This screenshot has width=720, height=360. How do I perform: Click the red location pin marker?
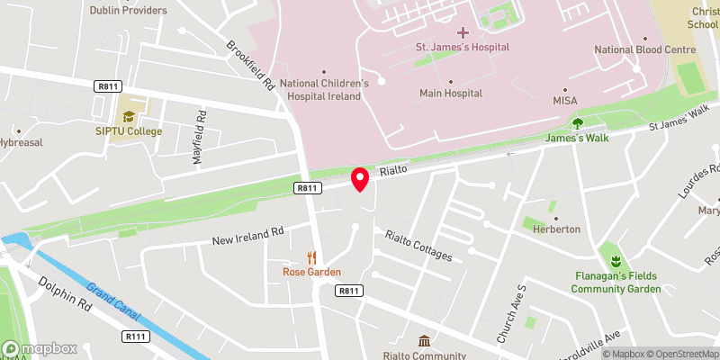click(x=360, y=178)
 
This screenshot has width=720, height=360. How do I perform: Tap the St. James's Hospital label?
click(x=462, y=47)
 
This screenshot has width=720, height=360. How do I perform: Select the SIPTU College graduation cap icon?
click(x=130, y=116)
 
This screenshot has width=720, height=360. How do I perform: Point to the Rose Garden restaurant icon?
click(x=312, y=256)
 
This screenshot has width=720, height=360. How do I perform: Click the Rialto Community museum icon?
click(x=423, y=341)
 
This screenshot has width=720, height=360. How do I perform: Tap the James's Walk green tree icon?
click(x=577, y=123)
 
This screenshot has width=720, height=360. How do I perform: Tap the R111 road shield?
click(x=135, y=336)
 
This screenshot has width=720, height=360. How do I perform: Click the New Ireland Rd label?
click(x=247, y=236)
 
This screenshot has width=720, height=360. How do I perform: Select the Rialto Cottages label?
click(x=418, y=246)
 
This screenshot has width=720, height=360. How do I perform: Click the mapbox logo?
click(x=40, y=348)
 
